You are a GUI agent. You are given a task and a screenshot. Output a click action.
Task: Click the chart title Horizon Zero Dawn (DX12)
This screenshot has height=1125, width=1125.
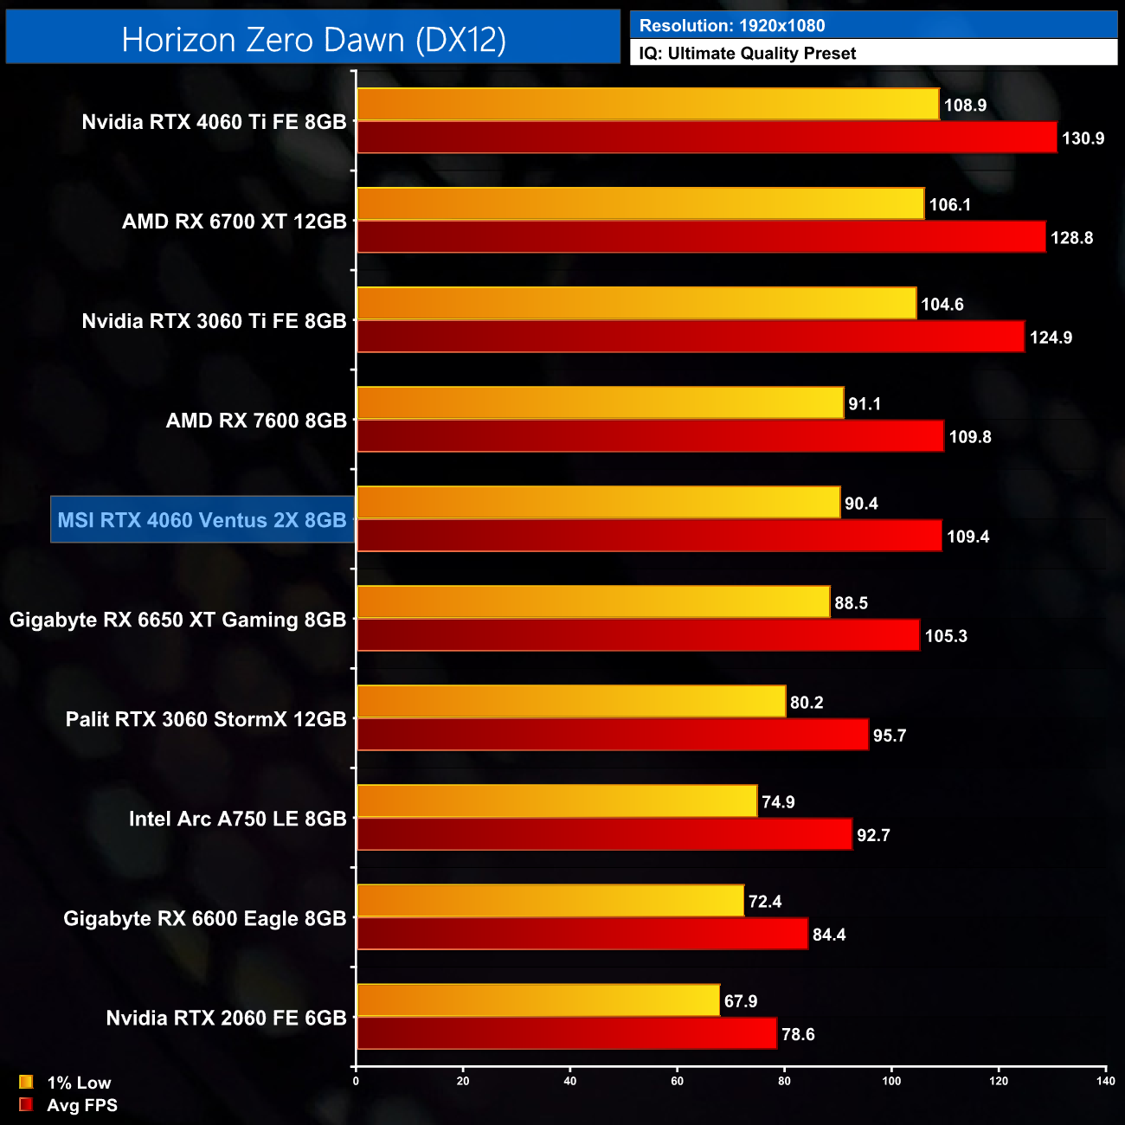(x=313, y=40)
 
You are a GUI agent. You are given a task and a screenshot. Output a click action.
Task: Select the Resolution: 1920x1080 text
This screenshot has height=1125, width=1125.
(x=732, y=26)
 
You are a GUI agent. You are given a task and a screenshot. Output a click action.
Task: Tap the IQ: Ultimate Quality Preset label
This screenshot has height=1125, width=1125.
(x=748, y=54)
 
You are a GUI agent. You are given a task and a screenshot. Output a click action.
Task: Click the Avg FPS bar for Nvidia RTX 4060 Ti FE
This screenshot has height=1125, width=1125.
(x=706, y=138)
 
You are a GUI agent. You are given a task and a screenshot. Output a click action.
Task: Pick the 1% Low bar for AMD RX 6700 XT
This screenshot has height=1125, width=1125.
(x=640, y=204)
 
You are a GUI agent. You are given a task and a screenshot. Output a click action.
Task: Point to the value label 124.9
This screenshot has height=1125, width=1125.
(x=1051, y=337)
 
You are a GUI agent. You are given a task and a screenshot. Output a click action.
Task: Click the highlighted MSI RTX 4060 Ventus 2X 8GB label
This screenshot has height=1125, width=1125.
(x=202, y=520)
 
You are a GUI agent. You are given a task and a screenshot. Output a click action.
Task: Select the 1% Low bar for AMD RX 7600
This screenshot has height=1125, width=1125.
(x=600, y=403)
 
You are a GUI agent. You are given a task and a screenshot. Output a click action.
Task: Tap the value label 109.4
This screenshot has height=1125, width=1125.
(x=967, y=537)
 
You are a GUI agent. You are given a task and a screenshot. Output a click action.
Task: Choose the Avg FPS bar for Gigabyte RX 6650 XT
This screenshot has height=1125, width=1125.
(x=638, y=635)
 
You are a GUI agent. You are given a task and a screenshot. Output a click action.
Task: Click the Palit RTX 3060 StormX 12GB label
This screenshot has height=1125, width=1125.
(x=206, y=719)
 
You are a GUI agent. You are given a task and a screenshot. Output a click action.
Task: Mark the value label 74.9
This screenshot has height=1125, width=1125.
(x=778, y=802)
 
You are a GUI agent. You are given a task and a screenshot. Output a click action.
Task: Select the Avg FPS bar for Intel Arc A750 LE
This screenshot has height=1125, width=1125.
(x=604, y=834)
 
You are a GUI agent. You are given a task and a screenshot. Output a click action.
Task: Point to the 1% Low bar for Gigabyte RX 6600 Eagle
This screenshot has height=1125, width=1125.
(x=550, y=901)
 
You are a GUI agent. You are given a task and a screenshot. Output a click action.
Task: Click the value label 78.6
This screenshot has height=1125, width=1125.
(x=798, y=1034)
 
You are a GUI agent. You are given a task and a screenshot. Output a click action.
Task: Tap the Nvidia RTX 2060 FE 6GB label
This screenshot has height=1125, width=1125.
(x=226, y=1018)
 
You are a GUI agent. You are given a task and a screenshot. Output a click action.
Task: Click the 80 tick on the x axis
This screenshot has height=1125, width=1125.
(x=784, y=1081)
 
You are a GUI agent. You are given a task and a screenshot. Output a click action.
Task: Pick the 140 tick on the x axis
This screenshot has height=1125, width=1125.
(x=1105, y=1081)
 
